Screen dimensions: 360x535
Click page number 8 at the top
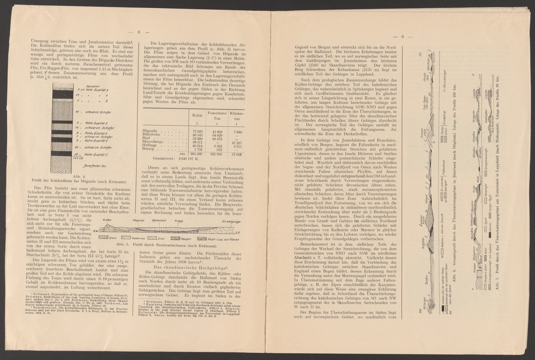coord(139,32)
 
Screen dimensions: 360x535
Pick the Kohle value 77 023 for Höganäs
coord(197,132)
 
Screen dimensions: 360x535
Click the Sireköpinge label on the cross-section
coord(233,221)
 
